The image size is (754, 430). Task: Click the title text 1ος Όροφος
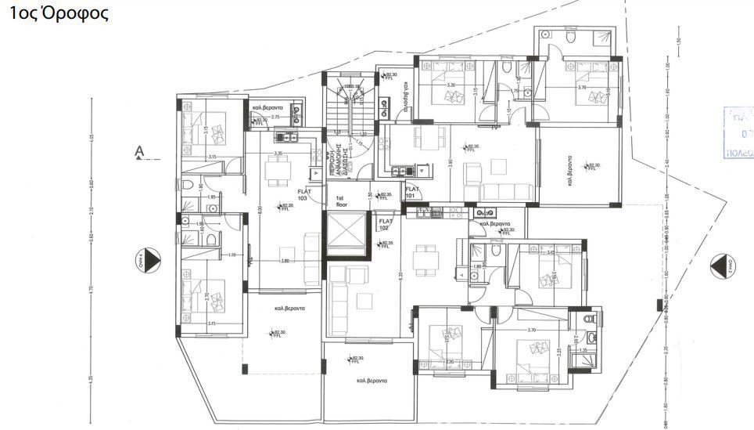click(58, 13)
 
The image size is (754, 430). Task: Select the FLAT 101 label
click(412, 192)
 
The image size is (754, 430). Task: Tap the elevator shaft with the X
click(345, 234)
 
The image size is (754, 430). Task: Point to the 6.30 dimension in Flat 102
click(399, 275)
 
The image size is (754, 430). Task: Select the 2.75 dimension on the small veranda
click(275, 117)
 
